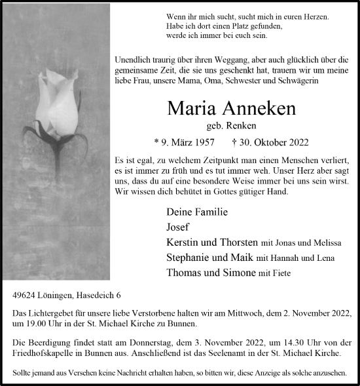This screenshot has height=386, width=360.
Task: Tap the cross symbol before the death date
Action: pyautogui.click(x=234, y=142)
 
